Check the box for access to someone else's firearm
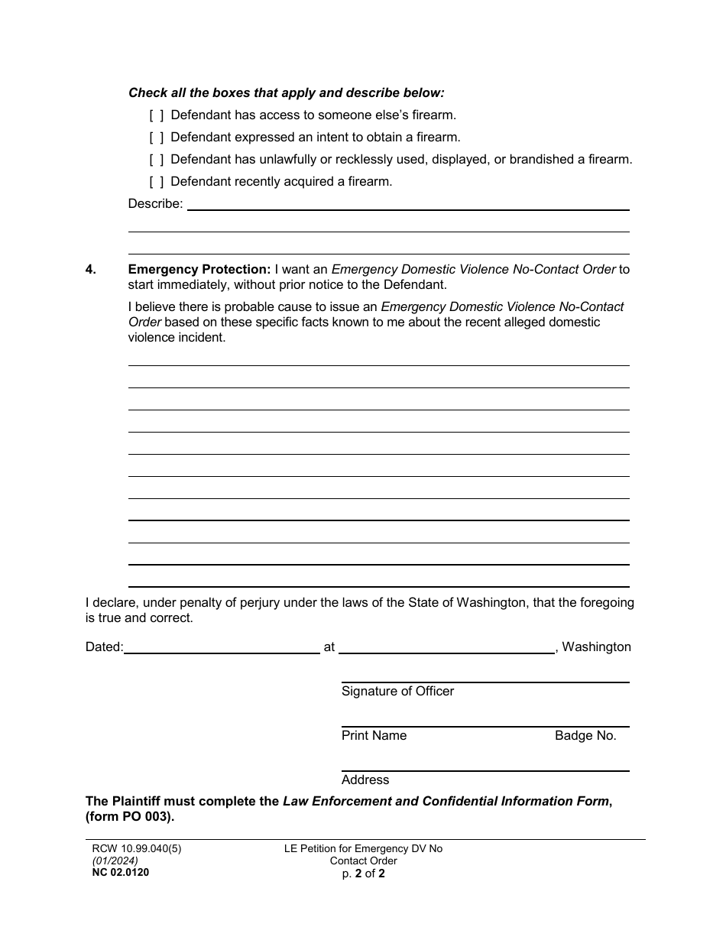pos(156,115)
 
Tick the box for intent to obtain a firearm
pos(156,138)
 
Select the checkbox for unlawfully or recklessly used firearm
pos(156,160)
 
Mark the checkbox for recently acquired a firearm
pos(156,182)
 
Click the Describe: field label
pos(155,204)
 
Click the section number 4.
pos(91,269)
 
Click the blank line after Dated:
pos(222,647)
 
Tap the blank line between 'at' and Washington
pos(446,647)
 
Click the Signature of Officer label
pos(397,691)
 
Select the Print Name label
pos(374,735)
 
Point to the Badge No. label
pos(585,735)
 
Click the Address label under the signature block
pos(365,780)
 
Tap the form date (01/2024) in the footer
pos(112,861)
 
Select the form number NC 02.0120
pos(117,872)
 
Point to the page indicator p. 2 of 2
pos(363,874)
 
